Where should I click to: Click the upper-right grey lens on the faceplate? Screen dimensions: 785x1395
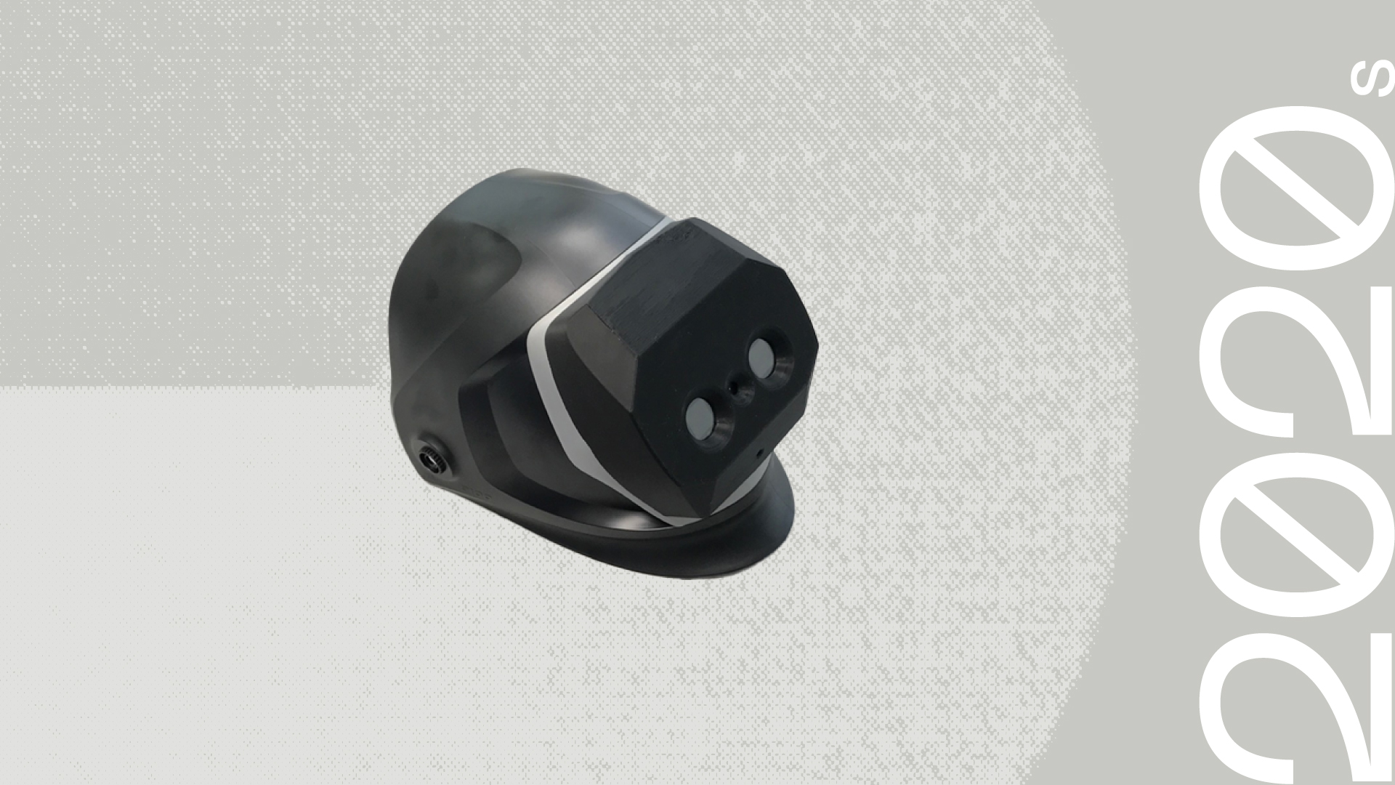(x=761, y=355)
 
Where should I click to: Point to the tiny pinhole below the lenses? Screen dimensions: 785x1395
(x=759, y=453)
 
